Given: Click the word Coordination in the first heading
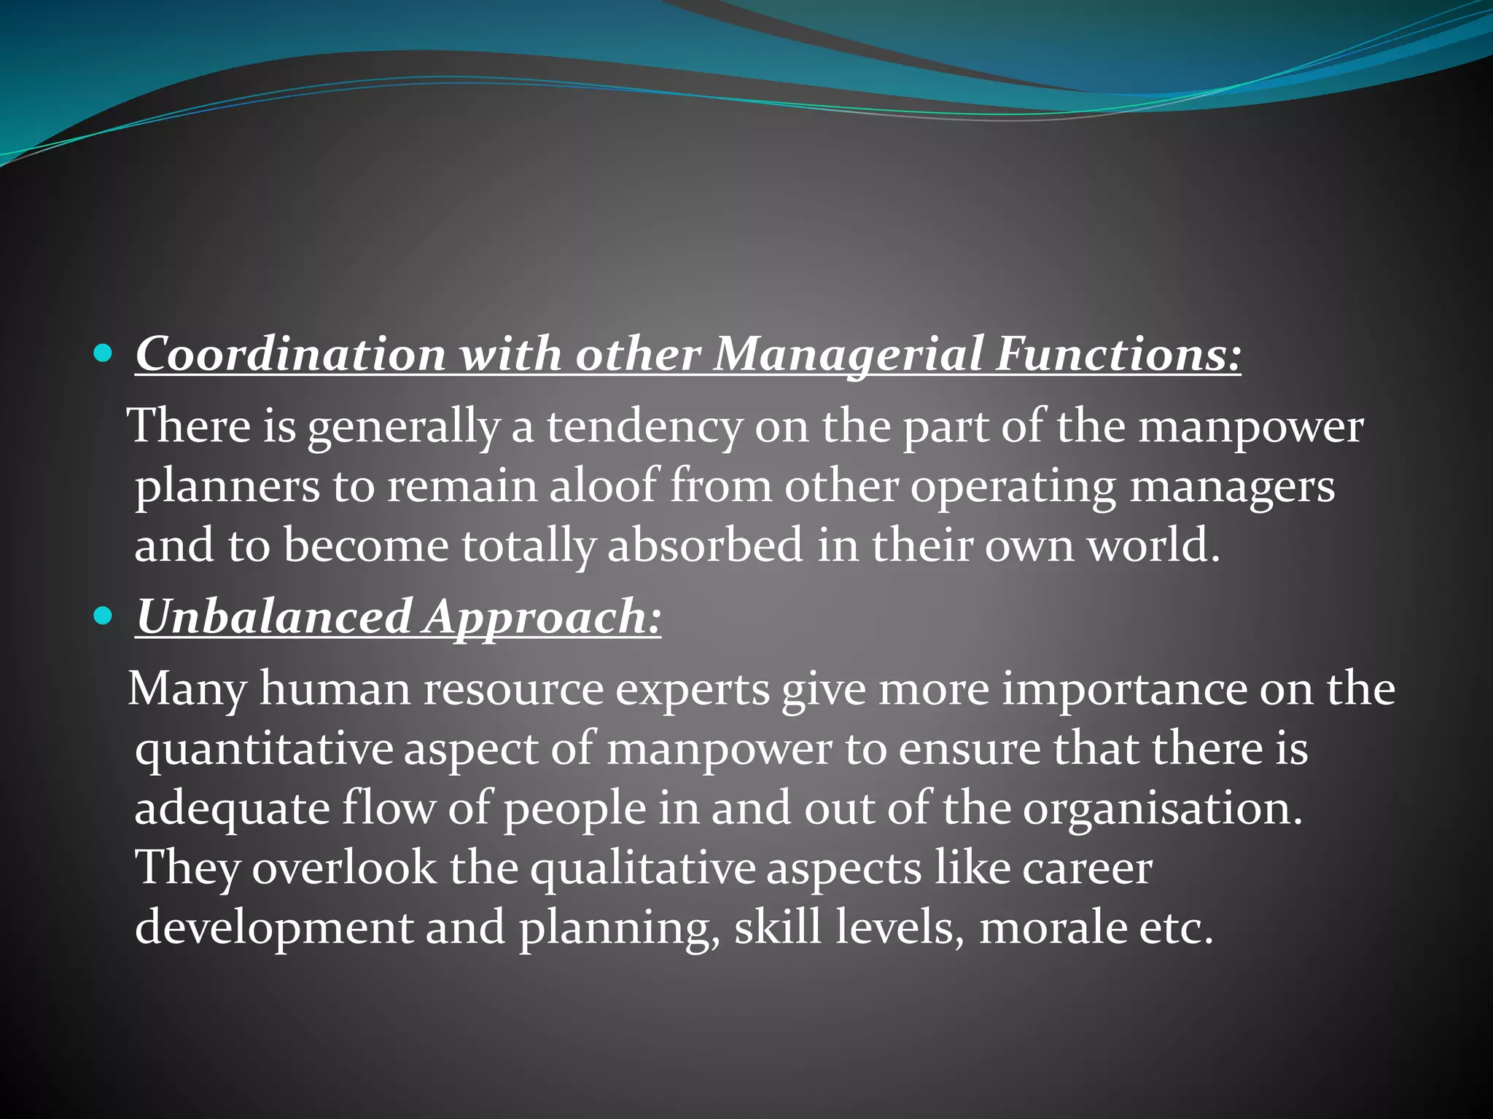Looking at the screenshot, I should coord(290,355).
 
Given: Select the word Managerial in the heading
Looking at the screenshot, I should coord(847,355).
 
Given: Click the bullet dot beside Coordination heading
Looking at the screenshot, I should coord(104,355).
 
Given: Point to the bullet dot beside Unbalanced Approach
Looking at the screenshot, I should coord(104,617).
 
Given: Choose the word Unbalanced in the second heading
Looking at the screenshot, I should coord(274,617).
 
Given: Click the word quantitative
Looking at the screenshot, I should coord(263,749).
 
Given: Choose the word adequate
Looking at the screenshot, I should coord(232,809).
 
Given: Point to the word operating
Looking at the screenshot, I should coord(1013,487).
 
